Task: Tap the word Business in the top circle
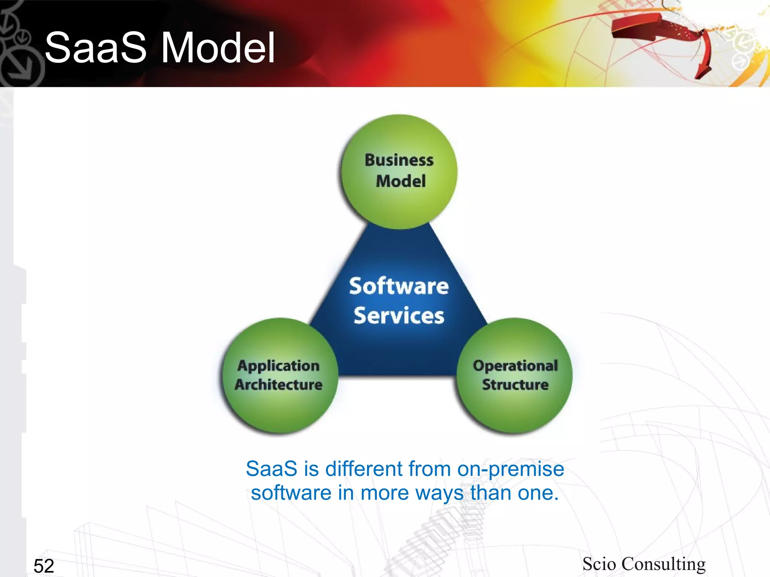coord(399,160)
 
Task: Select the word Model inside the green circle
coord(401,181)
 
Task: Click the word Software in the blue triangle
coord(399,286)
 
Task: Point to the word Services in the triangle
coord(399,316)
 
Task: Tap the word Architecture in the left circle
coord(279,385)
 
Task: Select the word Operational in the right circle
coord(515,366)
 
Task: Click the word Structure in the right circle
coord(515,385)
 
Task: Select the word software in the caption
coord(291,493)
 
